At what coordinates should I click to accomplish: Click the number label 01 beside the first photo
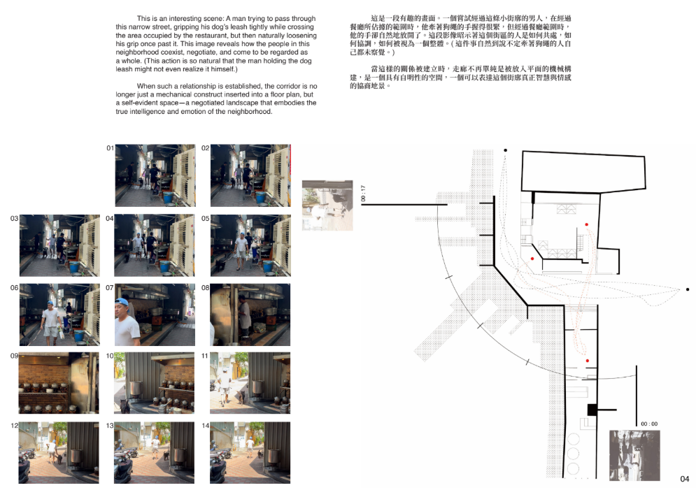click(110, 148)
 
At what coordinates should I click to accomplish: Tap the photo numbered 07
click(155, 315)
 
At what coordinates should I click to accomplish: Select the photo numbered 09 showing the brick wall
click(59, 383)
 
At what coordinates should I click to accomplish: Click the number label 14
click(206, 425)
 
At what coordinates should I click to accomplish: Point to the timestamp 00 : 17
click(363, 194)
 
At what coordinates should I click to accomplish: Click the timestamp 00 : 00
click(649, 424)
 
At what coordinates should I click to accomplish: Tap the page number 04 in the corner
click(685, 479)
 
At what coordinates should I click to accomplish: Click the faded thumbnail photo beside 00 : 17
click(327, 206)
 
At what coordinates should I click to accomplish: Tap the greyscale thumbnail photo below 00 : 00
click(634, 456)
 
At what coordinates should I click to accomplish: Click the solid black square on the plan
click(592, 410)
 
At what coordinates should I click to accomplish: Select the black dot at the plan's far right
click(688, 289)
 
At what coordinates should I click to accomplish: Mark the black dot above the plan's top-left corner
click(505, 150)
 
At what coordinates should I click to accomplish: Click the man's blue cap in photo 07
click(122, 302)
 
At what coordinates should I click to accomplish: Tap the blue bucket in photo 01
click(169, 197)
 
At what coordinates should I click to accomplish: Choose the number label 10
click(110, 356)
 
